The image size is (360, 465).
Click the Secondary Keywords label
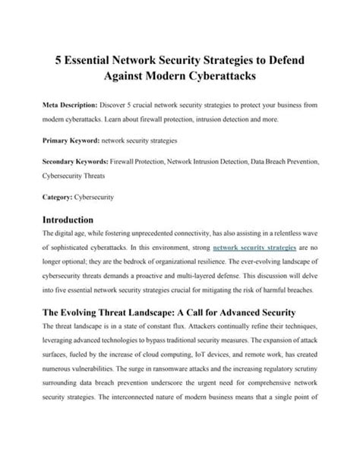coord(71,162)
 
